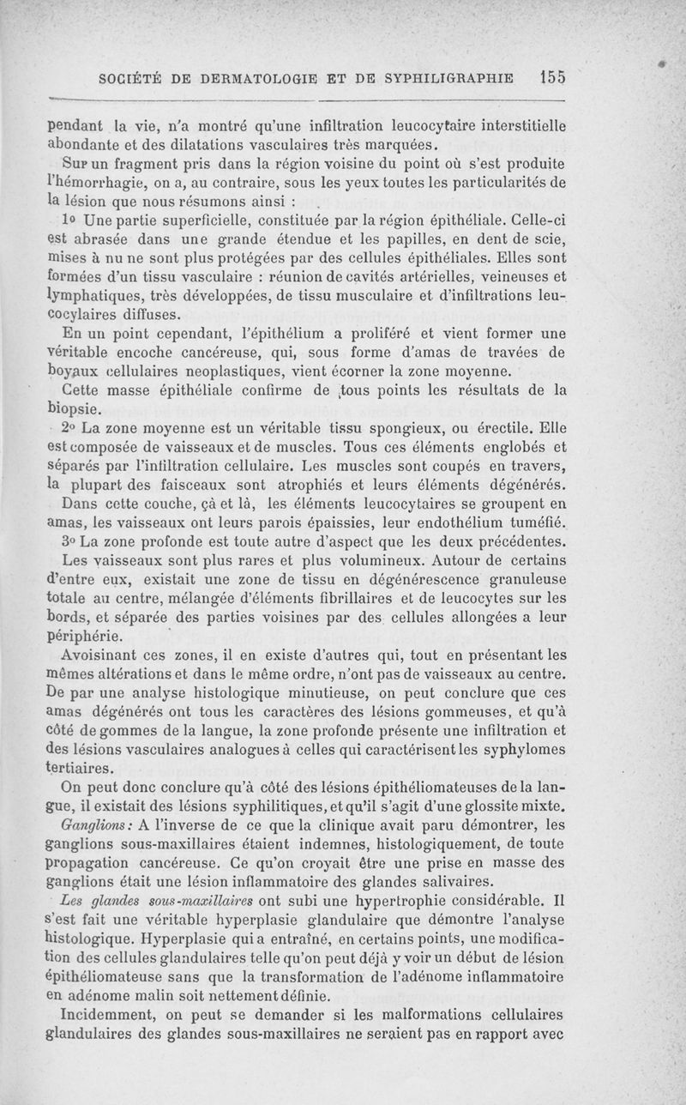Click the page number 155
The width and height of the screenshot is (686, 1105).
coord(548,76)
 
